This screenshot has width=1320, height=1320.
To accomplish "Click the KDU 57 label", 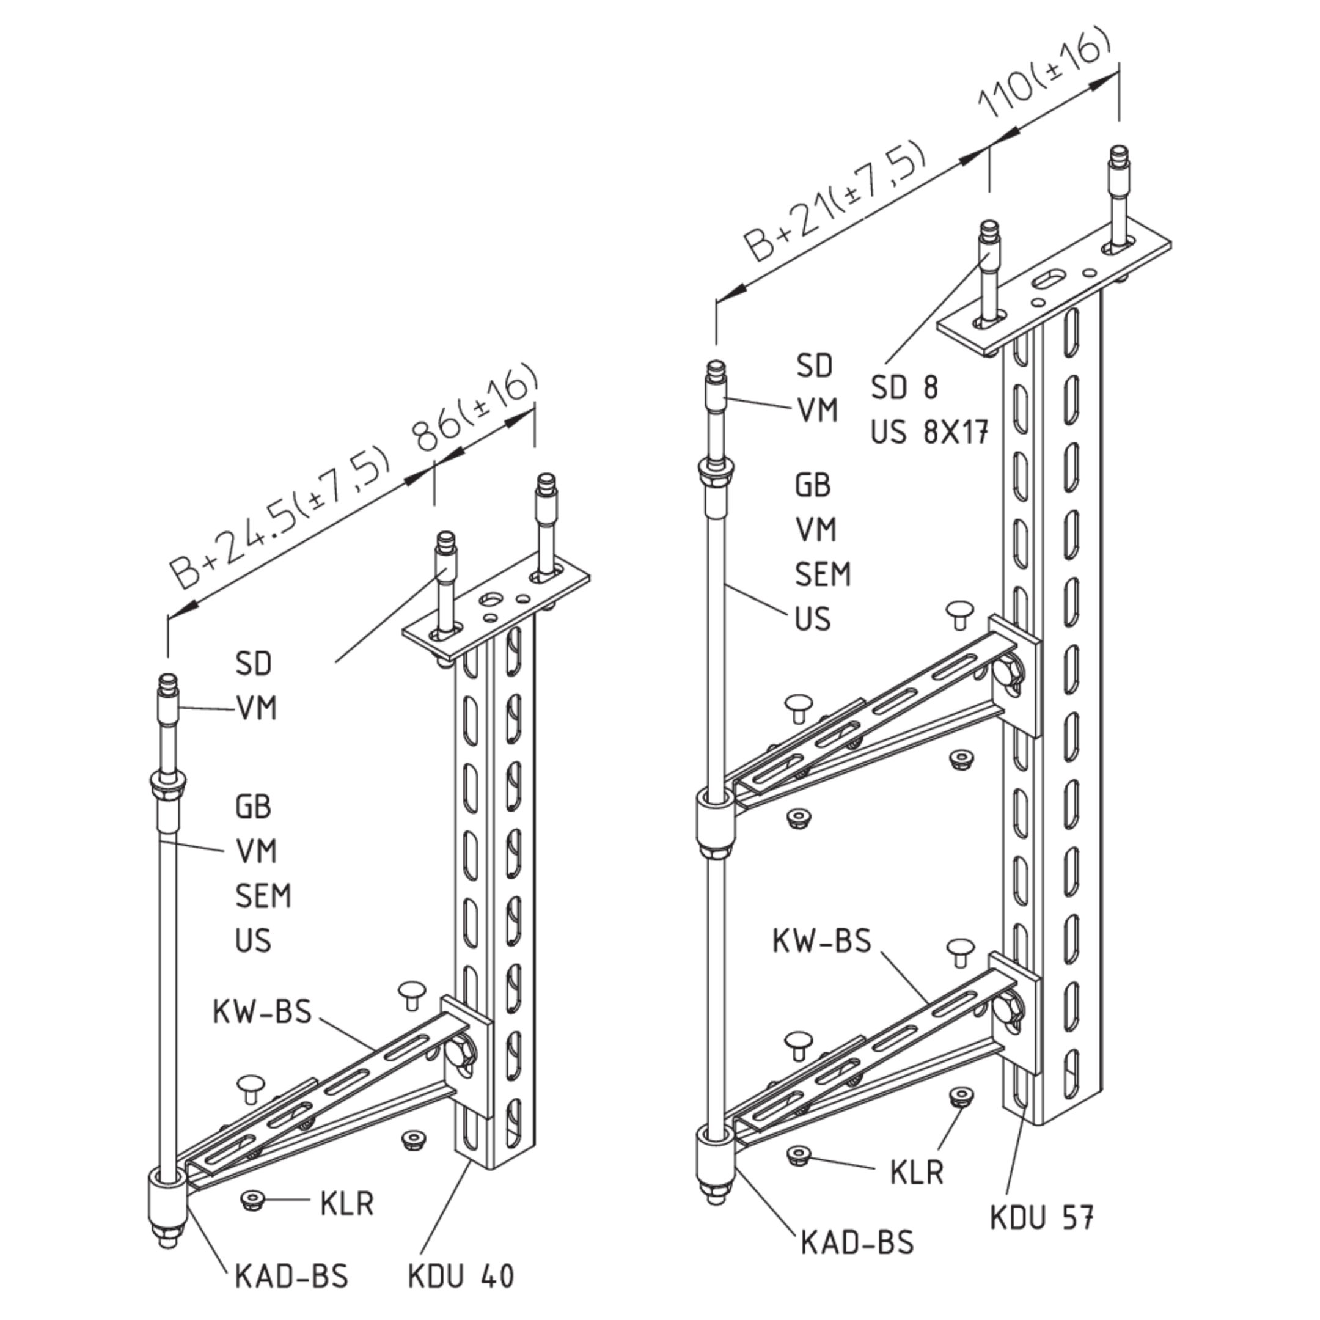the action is point(1043,1217).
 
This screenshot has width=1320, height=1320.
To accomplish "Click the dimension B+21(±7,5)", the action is point(837,202).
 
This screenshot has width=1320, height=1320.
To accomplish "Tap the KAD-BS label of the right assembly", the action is point(857,1242).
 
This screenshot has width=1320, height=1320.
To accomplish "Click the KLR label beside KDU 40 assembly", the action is point(347,1203).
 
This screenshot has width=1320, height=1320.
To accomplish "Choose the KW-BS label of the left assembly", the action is point(262,1011).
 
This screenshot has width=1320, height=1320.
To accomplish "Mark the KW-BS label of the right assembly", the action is point(823,941).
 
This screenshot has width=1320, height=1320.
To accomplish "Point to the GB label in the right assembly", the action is point(813,485).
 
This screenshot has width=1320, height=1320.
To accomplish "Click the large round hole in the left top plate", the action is point(492,600).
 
